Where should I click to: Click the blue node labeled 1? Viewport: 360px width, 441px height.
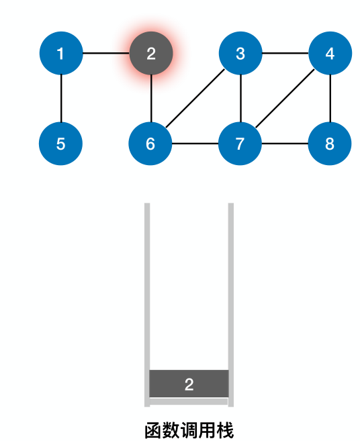click(61, 54)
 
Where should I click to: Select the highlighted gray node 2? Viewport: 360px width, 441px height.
click(150, 54)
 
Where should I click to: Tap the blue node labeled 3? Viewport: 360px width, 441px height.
click(240, 54)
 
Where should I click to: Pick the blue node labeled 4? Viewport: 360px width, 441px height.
click(330, 54)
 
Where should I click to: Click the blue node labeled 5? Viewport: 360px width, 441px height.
click(61, 144)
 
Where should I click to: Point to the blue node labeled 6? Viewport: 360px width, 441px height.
click(150, 144)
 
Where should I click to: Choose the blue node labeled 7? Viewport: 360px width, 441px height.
click(240, 144)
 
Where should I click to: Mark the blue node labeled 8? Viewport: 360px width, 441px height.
click(330, 144)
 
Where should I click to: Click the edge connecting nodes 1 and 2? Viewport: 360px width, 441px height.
click(105, 54)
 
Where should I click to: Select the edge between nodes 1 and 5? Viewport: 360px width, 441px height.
click(61, 99)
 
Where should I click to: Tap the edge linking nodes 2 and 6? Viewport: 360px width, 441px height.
click(150, 99)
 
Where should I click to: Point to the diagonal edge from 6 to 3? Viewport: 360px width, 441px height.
click(195, 99)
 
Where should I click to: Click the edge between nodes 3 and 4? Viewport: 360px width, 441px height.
click(285, 54)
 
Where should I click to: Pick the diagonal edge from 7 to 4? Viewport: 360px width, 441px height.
click(285, 99)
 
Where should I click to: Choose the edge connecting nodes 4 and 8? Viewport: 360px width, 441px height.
click(330, 99)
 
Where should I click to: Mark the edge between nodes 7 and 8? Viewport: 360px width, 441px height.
click(285, 144)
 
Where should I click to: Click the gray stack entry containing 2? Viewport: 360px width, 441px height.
click(189, 384)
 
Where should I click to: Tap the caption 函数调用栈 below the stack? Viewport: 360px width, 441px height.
click(189, 430)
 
